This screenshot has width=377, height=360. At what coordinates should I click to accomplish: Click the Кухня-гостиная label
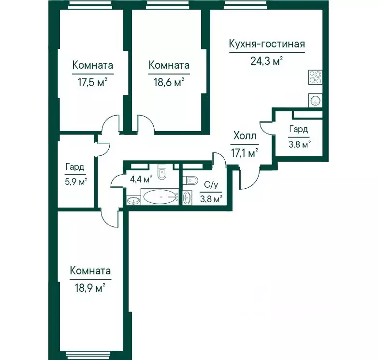[x=267, y=45]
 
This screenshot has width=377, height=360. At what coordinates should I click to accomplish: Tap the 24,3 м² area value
[x=266, y=61]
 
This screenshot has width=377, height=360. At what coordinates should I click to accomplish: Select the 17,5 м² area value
[x=93, y=82]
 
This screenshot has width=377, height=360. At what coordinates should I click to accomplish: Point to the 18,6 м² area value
[x=169, y=82]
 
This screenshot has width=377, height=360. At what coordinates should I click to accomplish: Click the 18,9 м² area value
[x=90, y=288]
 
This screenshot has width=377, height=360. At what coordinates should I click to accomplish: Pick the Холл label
[x=245, y=136]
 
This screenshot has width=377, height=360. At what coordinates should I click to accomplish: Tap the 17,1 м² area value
[x=245, y=153]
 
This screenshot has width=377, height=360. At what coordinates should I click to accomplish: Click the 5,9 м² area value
[x=76, y=181]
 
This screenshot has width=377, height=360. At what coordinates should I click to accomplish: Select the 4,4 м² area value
[x=141, y=179]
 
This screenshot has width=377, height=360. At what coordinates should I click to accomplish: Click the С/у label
[x=211, y=185]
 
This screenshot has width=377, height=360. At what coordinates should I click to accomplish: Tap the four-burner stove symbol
[x=315, y=77]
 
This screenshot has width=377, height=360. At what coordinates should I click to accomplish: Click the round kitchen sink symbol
[x=315, y=100]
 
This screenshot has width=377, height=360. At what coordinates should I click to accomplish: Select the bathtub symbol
[x=160, y=197]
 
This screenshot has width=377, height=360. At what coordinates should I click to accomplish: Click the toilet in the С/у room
[x=190, y=180]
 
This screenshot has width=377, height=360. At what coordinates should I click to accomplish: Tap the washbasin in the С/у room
[x=188, y=198]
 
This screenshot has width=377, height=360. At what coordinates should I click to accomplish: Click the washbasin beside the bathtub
[x=133, y=200]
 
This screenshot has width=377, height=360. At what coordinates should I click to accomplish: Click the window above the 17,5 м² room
[x=90, y=5]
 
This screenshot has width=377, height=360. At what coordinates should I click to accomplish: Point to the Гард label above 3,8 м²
[x=298, y=130]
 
